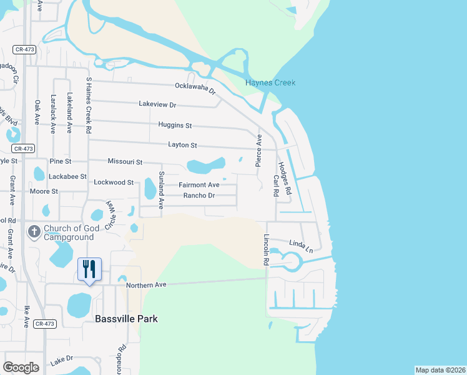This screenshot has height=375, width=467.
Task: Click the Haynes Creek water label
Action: pyautogui.click(x=270, y=82)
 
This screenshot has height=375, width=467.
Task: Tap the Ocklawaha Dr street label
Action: pyautogui.click(x=195, y=88)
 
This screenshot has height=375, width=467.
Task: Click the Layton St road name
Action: pyautogui.click(x=182, y=145)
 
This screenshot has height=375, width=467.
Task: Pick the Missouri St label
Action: pyautogui.click(x=125, y=161)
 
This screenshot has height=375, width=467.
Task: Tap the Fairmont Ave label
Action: pyautogui.click(x=199, y=185)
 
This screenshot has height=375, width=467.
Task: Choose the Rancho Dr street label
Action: pyautogui.click(x=199, y=196)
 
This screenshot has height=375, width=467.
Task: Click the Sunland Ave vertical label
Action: pyautogui.click(x=161, y=189)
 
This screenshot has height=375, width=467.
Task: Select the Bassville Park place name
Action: pyautogui.click(x=126, y=319)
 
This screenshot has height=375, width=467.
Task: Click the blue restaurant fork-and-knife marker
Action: pyautogui.click(x=89, y=269)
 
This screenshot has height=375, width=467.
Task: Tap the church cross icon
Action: pyautogui.click(x=34, y=231)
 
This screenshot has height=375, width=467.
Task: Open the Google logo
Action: pyautogui.click(x=21, y=367)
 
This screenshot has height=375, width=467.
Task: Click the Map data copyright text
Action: pyautogui.click(x=440, y=369)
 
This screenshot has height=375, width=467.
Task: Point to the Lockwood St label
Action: pyautogui.click(x=114, y=182)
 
